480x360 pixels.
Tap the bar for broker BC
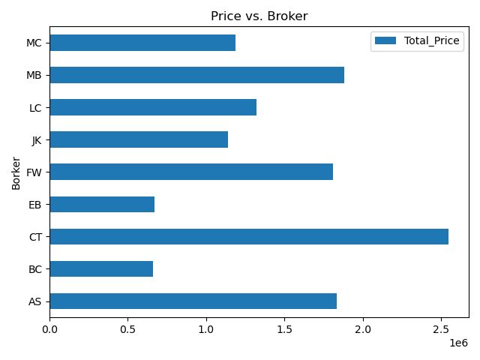click(101, 269)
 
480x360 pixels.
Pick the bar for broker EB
click(102, 205)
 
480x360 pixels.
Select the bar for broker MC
click(142, 43)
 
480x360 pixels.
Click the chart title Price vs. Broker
click(259, 15)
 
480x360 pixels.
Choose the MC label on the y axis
click(33, 43)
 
